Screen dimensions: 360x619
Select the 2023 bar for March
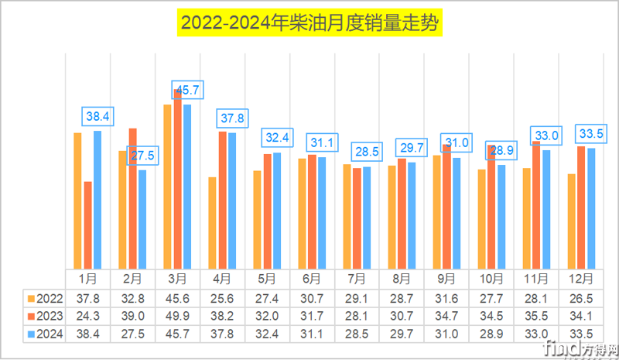pos(177,180)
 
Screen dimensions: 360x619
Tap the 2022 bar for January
pos(77,201)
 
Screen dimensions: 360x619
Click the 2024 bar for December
pos(591,208)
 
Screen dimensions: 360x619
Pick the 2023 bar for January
pos(87,225)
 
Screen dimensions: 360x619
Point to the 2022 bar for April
pos(212,222)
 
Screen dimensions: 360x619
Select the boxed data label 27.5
pos(142,156)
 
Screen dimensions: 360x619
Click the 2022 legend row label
pos(44,298)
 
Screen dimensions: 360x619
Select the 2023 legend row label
pos(44,316)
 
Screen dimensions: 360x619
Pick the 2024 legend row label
pos(44,334)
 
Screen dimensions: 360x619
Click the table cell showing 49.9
pos(177,316)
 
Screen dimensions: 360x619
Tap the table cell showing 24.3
pos(87,316)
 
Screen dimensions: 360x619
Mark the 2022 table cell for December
pos(581,298)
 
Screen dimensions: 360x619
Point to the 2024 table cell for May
pos(267,334)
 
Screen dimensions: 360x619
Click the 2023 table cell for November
pos(536,316)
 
